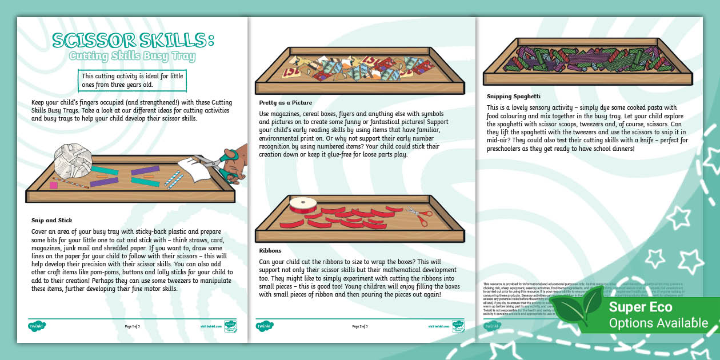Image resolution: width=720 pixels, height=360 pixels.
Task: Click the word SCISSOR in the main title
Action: click(86, 40)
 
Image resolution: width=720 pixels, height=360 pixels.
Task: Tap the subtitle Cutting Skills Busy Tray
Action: click(132, 57)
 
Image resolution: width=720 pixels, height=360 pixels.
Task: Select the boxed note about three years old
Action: click(133, 80)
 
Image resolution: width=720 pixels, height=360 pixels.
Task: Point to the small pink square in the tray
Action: click(54, 185)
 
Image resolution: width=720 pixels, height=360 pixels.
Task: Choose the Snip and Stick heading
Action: click(51, 220)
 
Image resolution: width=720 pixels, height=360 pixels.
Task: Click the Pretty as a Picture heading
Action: click(285, 103)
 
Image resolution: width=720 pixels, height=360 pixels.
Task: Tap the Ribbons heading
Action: click(271, 250)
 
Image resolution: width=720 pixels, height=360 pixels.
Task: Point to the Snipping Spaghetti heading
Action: click(513, 96)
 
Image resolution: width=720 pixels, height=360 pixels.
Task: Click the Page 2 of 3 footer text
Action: click(359, 326)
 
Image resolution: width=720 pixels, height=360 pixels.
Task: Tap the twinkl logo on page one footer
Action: click(37, 326)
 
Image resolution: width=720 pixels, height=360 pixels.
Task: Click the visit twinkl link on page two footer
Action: click(437, 326)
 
